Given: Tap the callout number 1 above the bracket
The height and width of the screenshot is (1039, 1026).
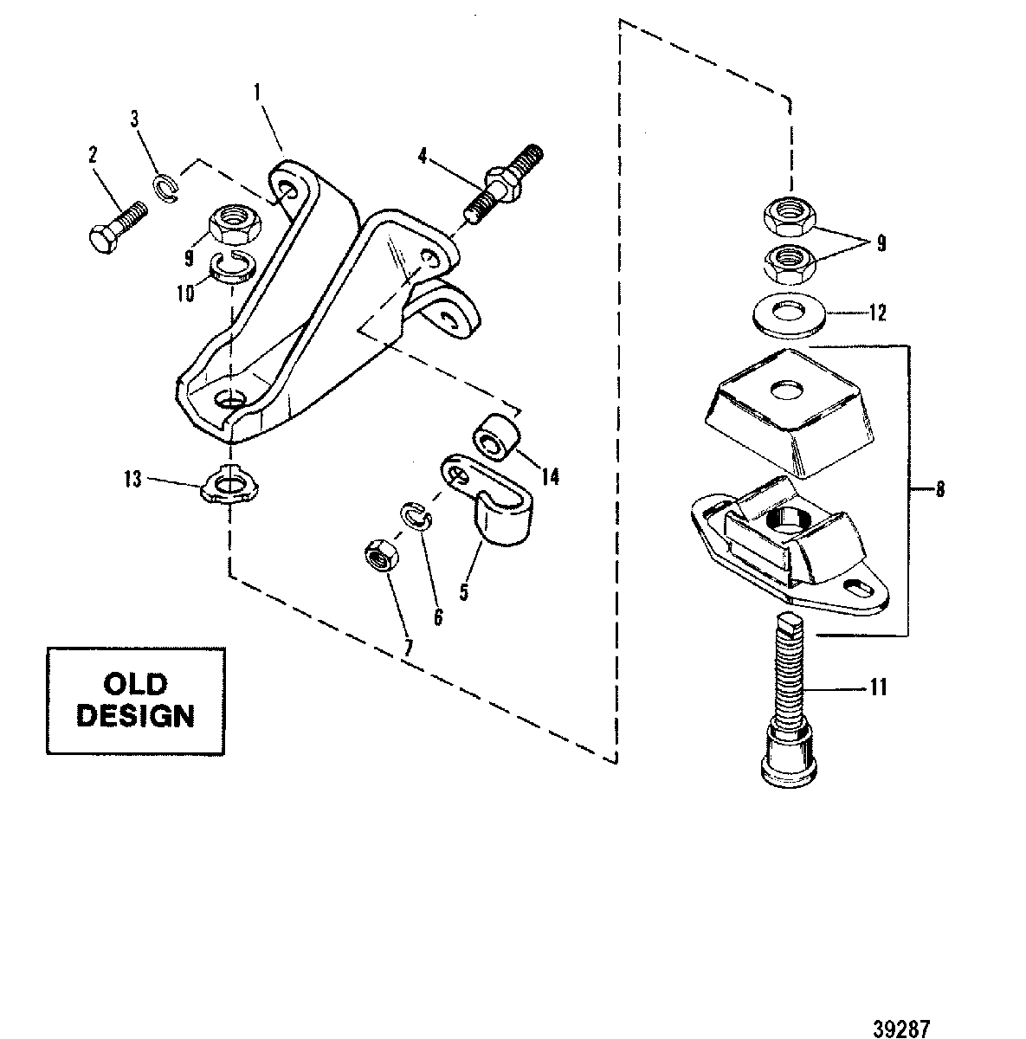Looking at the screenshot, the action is (x=258, y=93).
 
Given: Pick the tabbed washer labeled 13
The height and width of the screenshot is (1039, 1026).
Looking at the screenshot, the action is (x=229, y=485).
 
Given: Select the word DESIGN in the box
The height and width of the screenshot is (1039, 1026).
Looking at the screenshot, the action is (x=135, y=715).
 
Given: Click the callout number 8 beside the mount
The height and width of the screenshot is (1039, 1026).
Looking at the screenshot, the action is (x=940, y=490).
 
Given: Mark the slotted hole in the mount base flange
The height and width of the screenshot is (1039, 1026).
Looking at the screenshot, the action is (x=858, y=587).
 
